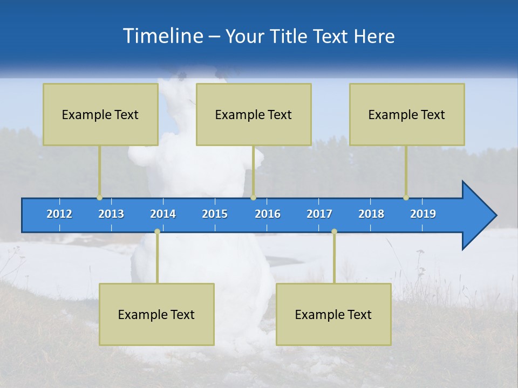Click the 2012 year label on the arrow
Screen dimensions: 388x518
pos(59,214)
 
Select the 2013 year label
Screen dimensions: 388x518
pos(111,214)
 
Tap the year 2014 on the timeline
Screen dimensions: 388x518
pos(163,214)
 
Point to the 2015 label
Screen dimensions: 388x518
pos(215,214)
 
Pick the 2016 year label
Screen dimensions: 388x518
pos(268,214)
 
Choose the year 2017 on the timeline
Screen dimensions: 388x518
pos(319,214)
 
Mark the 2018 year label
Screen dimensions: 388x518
pos(371,214)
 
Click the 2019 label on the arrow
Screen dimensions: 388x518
pos(423,214)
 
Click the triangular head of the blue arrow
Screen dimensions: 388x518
pos(478,216)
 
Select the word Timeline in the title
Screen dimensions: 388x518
pos(162,36)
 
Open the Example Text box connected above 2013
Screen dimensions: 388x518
pos(100,114)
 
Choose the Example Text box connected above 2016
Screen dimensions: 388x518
pos(254,114)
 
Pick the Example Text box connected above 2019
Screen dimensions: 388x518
pos(407,114)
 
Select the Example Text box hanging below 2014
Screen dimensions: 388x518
pos(156,314)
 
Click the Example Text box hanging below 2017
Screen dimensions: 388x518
pos(333,314)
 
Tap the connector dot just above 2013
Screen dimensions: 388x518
pos(99,198)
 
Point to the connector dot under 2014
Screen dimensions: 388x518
pos(157,232)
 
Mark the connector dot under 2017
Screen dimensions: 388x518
pos(334,232)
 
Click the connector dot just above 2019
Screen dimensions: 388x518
pos(406,198)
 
